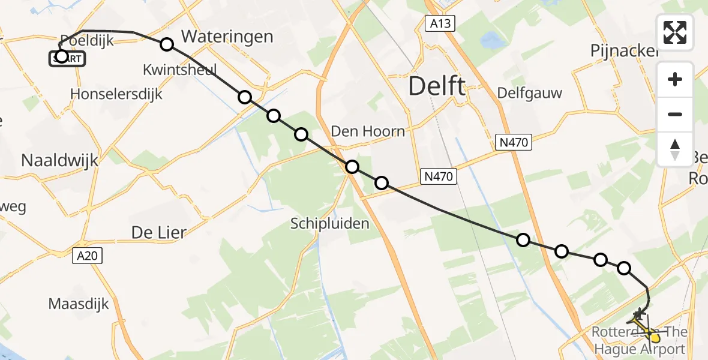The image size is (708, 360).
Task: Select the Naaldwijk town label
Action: tap(59, 160)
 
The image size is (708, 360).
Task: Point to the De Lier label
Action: tap(159, 232)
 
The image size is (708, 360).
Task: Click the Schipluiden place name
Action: tap(329, 223)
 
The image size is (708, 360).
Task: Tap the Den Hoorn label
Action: tap(368, 131)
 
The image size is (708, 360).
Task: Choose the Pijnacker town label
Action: tap(624, 51)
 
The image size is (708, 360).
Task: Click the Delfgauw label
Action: tap(529, 93)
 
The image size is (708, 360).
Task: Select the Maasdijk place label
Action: tap(79, 304)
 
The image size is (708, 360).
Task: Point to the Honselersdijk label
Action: tap(116, 94)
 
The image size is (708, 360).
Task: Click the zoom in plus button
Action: tap(675, 79)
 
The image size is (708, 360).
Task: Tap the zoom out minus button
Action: tap(675, 114)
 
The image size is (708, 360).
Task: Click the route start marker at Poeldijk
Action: tap(61, 57)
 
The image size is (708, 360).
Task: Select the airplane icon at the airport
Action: tap(640, 313)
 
